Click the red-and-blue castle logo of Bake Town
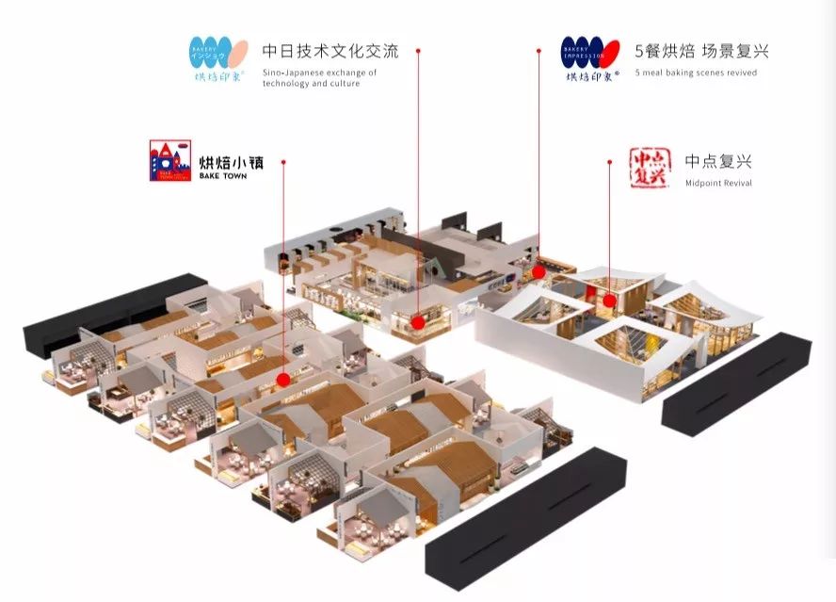tap(169, 160)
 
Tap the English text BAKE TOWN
tap(223, 176)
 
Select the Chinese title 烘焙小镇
tap(231, 161)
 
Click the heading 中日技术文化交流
tap(330, 51)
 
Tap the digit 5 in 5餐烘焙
tap(640, 51)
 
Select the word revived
tap(740, 73)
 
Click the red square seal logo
tap(648, 167)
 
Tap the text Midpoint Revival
tap(718, 183)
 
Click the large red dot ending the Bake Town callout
tap(282, 380)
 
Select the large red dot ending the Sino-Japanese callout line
tap(418, 322)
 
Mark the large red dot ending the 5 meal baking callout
tap(539, 272)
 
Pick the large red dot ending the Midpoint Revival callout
tap(609, 301)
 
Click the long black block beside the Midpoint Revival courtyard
tap(737, 382)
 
